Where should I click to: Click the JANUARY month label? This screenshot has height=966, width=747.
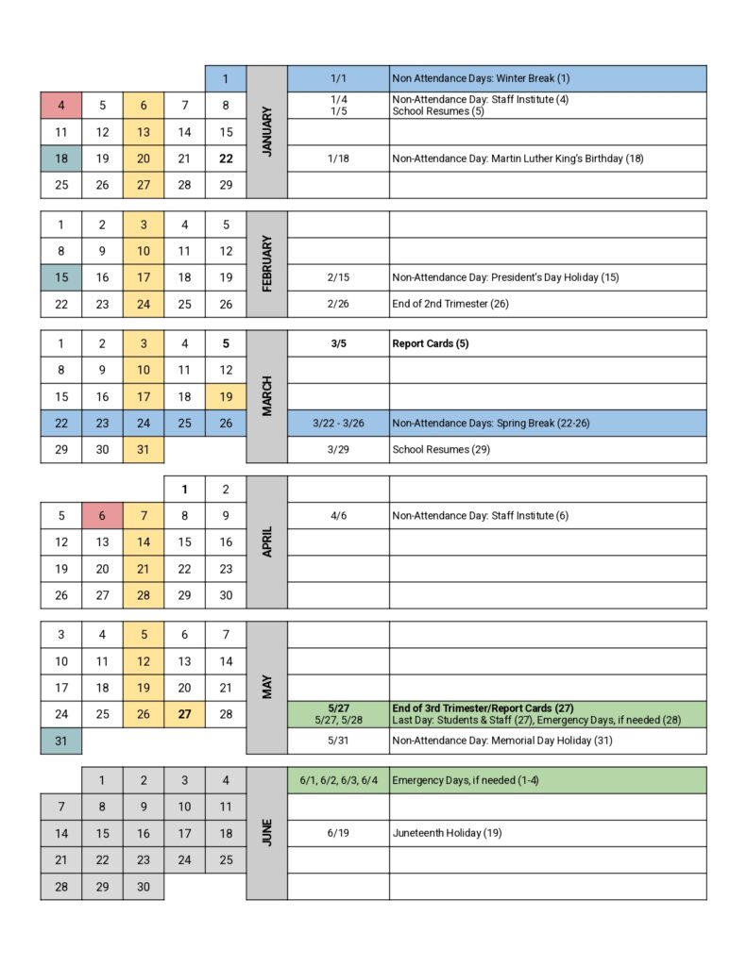click(266, 131)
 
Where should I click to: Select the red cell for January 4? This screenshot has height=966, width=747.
click(61, 106)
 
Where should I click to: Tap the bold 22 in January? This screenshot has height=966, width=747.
click(226, 158)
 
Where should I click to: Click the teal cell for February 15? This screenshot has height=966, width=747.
click(61, 277)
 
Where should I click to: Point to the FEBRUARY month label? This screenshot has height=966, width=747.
click(266, 264)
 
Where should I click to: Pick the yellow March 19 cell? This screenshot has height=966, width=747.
click(226, 397)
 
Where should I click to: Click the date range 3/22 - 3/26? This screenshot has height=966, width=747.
click(338, 424)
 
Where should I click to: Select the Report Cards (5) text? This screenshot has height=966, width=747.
click(431, 344)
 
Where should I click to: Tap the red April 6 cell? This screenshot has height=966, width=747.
click(102, 516)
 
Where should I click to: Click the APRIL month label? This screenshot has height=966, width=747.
click(266, 542)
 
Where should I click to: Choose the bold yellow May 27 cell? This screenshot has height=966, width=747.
click(184, 714)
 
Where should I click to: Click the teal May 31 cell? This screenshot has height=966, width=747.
click(61, 741)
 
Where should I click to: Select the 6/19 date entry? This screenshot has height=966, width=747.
click(338, 833)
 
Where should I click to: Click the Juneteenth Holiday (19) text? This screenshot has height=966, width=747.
click(447, 833)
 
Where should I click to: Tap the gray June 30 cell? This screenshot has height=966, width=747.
click(144, 887)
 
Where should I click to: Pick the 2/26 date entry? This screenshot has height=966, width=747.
click(338, 304)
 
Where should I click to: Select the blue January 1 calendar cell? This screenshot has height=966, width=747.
click(226, 79)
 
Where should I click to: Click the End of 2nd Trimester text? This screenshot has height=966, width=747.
click(451, 304)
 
